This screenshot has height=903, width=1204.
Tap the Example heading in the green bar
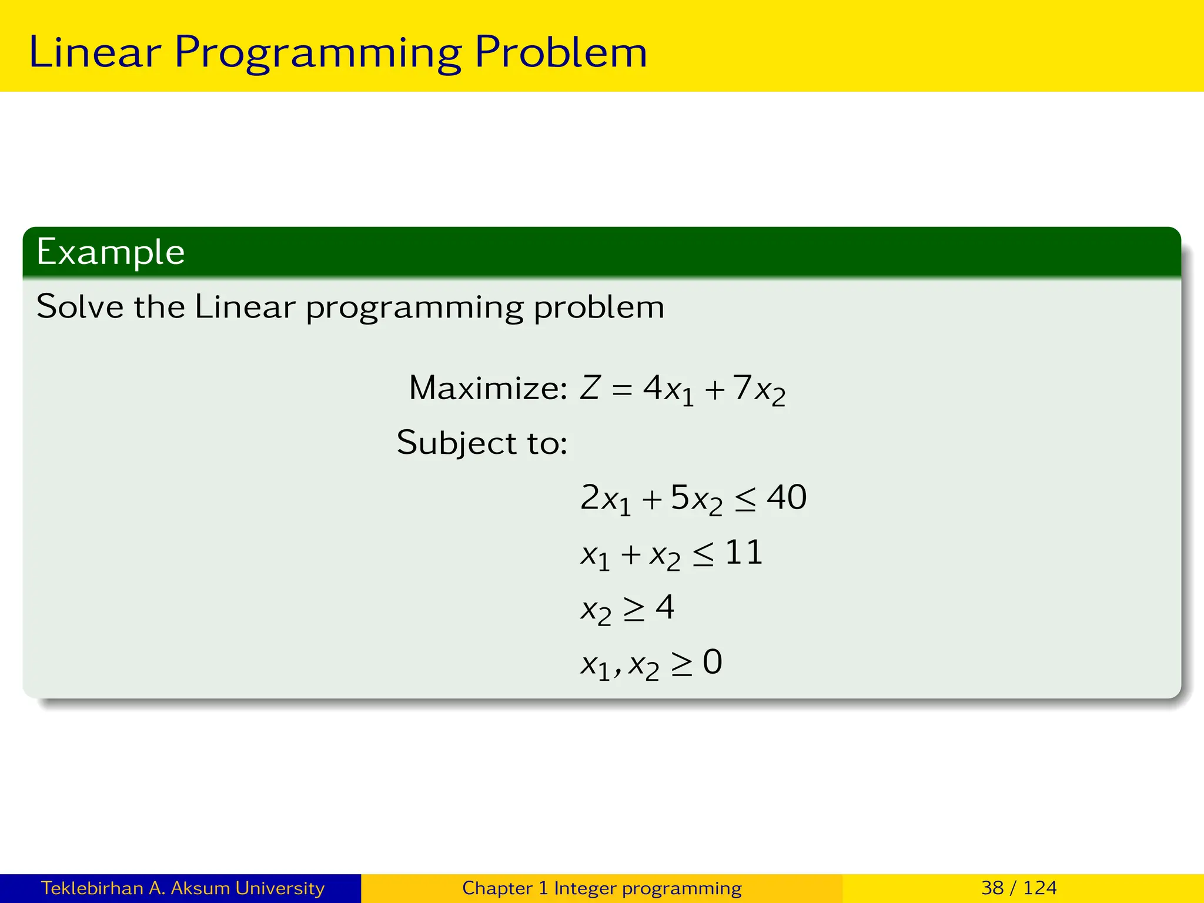(111, 252)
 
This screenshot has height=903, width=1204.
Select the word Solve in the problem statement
(80, 306)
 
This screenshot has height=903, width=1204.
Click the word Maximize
(487, 388)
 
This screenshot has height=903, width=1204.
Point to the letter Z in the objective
(590, 388)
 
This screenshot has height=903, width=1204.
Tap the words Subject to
(481, 442)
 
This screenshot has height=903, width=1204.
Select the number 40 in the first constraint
(787, 497)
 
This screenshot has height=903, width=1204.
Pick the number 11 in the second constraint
(744, 553)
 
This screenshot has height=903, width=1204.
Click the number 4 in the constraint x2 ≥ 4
(664, 607)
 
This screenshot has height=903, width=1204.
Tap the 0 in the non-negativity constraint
(712, 662)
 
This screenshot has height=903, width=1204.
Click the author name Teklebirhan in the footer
(92, 888)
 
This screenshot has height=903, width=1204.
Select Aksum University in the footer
(247, 888)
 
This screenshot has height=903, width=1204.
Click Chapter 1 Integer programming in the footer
(601, 888)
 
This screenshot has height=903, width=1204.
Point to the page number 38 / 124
(1019, 888)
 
